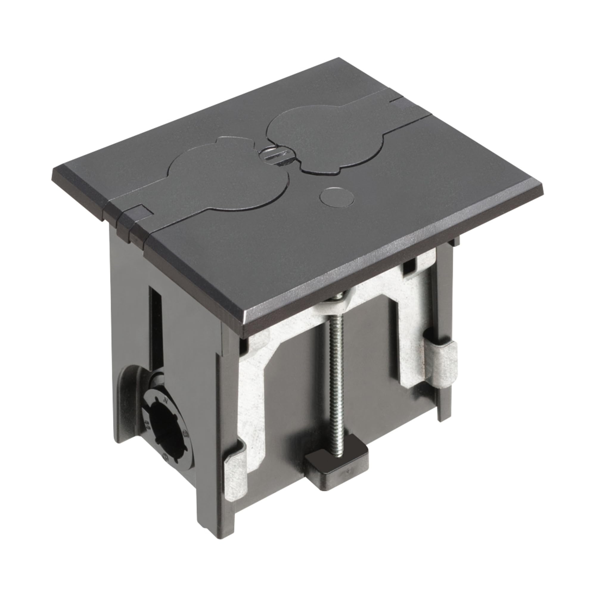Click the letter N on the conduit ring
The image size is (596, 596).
(166, 402)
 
